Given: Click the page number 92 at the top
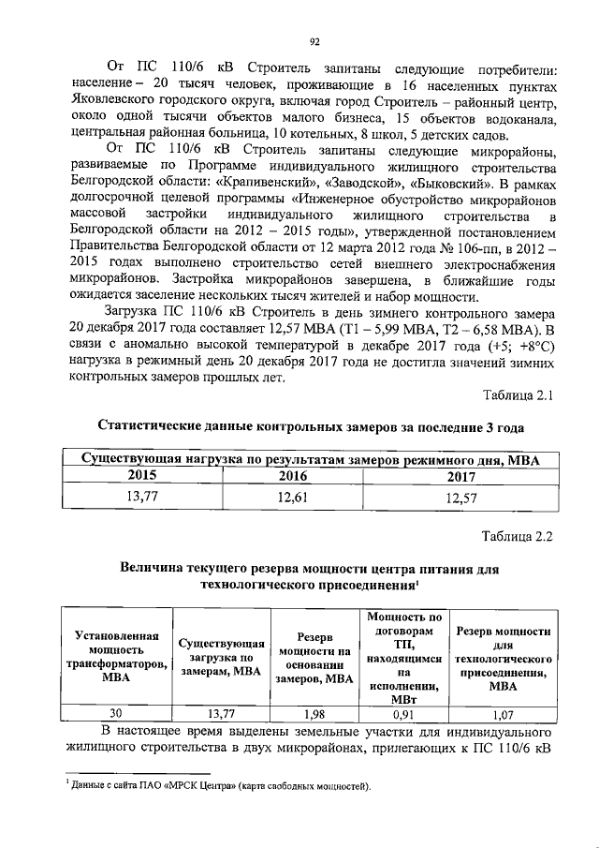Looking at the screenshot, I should (x=315, y=40).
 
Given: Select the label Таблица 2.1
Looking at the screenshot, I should (x=518, y=395).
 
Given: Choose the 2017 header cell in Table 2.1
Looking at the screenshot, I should (x=460, y=477).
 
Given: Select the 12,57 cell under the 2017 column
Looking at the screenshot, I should (x=460, y=498).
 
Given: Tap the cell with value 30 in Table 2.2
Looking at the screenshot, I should (x=116, y=712).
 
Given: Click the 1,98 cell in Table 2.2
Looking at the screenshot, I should (x=314, y=712).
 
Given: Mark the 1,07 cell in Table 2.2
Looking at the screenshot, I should (x=502, y=712).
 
